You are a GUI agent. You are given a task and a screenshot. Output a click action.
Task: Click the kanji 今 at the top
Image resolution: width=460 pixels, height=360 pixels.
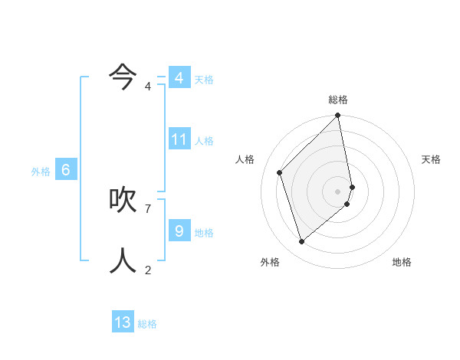[123, 75]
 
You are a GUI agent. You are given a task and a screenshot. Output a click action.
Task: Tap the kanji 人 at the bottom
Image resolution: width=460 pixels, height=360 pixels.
[123, 260]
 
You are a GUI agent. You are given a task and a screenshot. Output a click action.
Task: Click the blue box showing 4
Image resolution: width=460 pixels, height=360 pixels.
[179, 78]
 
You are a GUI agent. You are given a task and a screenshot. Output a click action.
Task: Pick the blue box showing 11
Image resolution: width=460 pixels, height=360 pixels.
[179, 139]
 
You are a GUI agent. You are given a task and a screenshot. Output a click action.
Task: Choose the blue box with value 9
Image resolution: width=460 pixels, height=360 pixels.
[179, 231]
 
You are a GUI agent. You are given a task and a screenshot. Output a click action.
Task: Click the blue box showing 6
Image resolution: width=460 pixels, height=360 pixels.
[66, 170]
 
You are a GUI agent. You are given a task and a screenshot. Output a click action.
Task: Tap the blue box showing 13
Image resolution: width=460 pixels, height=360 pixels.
[123, 322]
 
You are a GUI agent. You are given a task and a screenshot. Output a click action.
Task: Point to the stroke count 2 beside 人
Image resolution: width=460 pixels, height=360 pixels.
[148, 270]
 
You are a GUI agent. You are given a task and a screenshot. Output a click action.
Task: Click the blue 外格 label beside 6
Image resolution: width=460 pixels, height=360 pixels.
[41, 172]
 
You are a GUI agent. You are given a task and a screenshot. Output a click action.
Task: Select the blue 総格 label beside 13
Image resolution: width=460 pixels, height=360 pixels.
[147, 324]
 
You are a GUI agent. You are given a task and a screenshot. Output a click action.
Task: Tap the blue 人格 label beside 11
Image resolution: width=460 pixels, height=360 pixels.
[204, 141]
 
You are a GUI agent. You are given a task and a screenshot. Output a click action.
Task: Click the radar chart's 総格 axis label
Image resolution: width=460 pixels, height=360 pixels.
[338, 100]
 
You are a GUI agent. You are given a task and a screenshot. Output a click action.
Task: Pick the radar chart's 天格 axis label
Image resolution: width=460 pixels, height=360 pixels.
[432, 159]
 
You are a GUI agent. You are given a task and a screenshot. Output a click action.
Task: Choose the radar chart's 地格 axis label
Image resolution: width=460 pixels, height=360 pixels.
[402, 262]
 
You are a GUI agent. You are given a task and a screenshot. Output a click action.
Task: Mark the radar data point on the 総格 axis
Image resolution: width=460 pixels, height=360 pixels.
[338, 116]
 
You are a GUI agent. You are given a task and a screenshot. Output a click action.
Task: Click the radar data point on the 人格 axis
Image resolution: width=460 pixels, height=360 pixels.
[280, 172]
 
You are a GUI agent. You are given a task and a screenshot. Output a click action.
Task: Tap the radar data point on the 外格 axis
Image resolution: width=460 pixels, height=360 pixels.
[302, 241]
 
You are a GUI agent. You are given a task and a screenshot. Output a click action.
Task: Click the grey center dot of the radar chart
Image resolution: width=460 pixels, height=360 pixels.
[338, 191]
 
